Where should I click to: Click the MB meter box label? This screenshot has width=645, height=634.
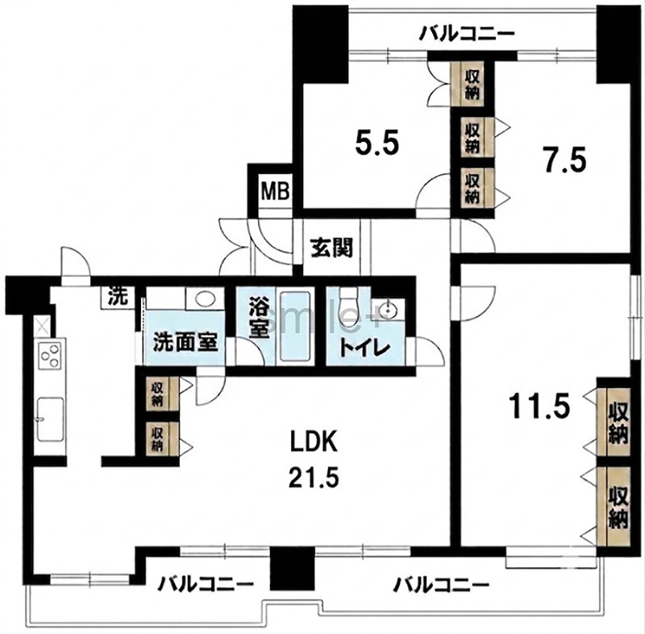[x=276, y=192]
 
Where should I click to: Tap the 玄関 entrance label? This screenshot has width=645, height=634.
[x=331, y=248]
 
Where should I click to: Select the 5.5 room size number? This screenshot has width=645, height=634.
[x=377, y=144]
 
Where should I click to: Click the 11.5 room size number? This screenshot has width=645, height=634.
[x=539, y=405]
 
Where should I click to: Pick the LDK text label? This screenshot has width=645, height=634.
[x=314, y=442]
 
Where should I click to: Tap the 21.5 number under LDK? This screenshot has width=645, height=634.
[x=314, y=478]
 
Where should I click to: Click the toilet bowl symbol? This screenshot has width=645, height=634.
[x=349, y=306]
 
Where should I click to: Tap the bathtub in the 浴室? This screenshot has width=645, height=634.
[x=294, y=326]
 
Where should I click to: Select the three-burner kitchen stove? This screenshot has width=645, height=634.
[x=51, y=356]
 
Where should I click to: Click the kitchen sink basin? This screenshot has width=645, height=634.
[x=51, y=419]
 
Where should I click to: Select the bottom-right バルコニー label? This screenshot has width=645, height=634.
[x=441, y=584]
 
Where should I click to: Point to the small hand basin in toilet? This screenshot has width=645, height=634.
[x=388, y=308]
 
